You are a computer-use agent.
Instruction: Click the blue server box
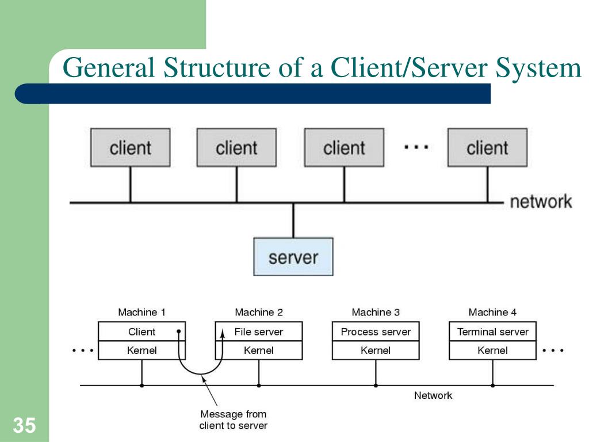[293, 256]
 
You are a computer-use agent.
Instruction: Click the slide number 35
[24, 426]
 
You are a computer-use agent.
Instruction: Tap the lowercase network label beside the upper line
[541, 202]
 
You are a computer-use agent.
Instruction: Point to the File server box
[259, 331]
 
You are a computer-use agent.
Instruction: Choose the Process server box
[376, 331]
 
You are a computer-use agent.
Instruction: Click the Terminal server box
[492, 331]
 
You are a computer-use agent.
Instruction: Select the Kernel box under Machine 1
[141, 350]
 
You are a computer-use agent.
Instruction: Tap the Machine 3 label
[376, 313]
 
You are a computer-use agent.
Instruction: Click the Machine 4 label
[492, 313]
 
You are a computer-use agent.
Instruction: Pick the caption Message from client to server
[233, 420]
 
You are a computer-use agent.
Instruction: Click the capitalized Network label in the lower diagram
[433, 395]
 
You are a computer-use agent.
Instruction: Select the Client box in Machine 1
[141, 331]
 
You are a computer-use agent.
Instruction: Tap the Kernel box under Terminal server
[492, 350]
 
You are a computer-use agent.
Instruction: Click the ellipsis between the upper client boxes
[416, 147]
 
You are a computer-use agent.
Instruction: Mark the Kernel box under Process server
[376, 350]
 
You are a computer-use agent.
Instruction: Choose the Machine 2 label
[259, 313]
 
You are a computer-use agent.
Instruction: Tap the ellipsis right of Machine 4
[553, 350]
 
